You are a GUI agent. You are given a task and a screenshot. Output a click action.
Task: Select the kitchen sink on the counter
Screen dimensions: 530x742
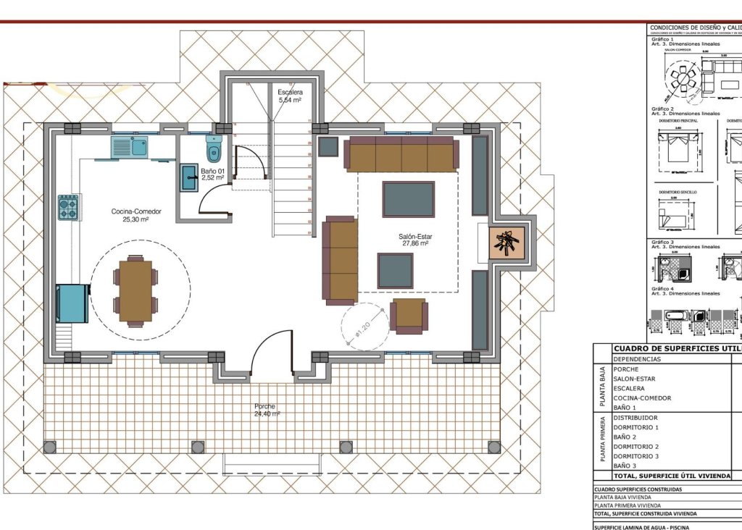[129, 147]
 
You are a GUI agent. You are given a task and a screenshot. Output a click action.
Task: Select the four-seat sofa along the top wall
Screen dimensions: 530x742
[401, 154]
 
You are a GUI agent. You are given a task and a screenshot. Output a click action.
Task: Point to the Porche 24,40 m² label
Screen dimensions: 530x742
[264, 411]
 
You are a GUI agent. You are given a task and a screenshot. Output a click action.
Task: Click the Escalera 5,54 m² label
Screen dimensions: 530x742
[290, 96]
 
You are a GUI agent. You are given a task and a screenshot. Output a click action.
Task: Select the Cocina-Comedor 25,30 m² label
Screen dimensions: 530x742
[136, 215]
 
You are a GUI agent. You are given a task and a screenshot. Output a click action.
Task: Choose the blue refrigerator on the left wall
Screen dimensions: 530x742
[73, 303]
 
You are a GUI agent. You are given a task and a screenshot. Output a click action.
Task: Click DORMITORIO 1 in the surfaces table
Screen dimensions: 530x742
[636, 427]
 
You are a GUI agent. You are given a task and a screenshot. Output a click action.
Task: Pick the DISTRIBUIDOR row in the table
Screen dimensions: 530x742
[636, 417]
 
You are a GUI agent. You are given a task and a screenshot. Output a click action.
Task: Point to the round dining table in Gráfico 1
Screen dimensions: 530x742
[683, 76]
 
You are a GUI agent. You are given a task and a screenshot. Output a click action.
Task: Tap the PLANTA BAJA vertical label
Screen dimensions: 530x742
[601, 387]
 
